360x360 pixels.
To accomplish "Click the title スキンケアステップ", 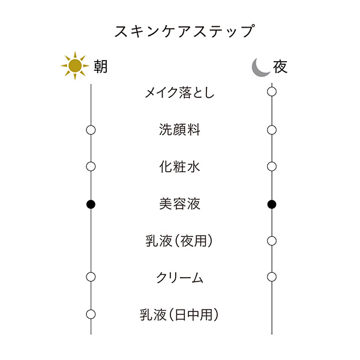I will click(x=180, y=31).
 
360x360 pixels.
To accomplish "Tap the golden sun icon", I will click(x=74, y=66).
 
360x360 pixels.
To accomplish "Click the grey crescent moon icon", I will click(x=260, y=67).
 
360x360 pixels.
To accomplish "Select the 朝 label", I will click(x=100, y=66).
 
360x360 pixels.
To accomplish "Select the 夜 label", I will click(x=280, y=66).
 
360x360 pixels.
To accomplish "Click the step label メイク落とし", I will click(x=179, y=92).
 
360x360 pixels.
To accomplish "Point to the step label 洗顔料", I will click(x=179, y=130).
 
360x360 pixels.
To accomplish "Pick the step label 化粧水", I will click(x=179, y=167).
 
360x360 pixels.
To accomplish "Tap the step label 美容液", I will click(x=179, y=204).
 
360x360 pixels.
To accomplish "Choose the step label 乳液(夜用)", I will click(x=179, y=241).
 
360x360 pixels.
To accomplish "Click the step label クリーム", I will click(x=179, y=277).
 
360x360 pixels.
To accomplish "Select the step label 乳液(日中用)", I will click(x=179, y=314).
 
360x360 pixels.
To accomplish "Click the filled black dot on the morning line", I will click(x=91, y=204).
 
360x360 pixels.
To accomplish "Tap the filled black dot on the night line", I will click(x=272, y=204).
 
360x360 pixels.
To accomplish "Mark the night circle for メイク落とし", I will click(x=272, y=92).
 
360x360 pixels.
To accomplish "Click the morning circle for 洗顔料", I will click(x=91, y=130).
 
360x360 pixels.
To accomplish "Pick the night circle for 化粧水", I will click(x=272, y=166).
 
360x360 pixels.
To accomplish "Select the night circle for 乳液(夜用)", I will click(x=272, y=241).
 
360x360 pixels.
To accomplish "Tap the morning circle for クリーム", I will click(x=91, y=277).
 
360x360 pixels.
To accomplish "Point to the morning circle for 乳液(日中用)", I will click(x=91, y=314).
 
